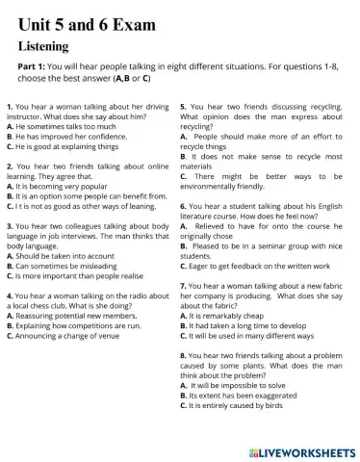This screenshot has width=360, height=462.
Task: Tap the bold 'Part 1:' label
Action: click(x=36, y=67)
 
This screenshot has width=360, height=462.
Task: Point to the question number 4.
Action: click(x=9, y=295)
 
